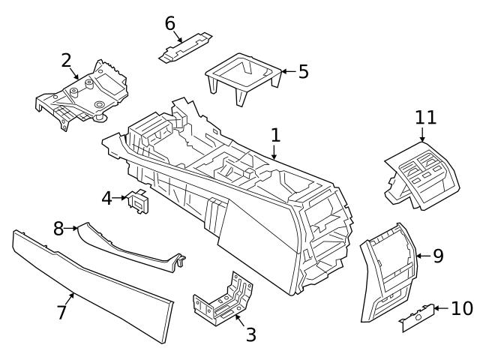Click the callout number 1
[x=275, y=136]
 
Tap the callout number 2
[x=67, y=60]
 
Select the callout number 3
[x=250, y=334]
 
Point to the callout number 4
[x=107, y=199]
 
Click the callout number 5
[x=303, y=72]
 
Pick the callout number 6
[x=170, y=23]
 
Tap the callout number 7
[x=62, y=312]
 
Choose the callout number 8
[x=58, y=227]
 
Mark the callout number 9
[x=438, y=256]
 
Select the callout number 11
[x=425, y=117]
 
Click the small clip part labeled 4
[x=139, y=202]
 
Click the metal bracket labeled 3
[x=223, y=301]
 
